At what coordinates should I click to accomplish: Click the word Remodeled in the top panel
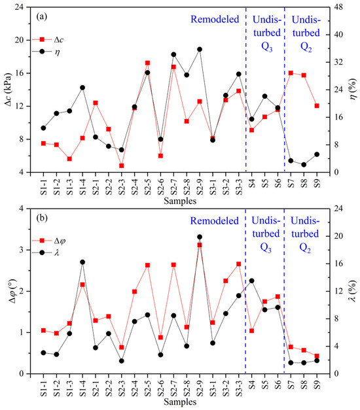pos(215,20)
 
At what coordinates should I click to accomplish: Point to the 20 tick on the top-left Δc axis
pos(25,40)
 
